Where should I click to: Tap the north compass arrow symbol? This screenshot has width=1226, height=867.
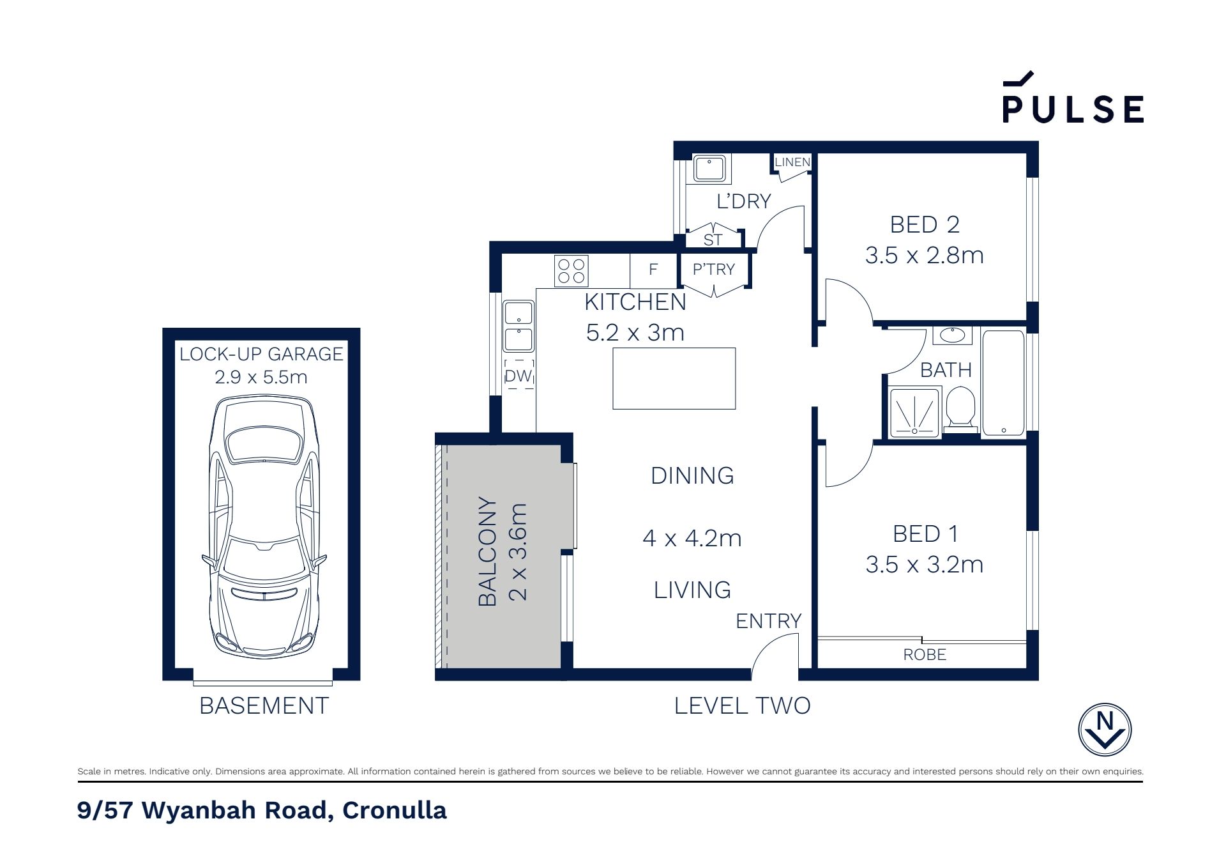(x=1105, y=730)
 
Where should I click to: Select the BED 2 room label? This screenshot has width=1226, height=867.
(x=925, y=224)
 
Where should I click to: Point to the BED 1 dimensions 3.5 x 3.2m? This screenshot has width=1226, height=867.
(x=924, y=564)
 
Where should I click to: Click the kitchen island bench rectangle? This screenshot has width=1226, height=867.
(x=674, y=378)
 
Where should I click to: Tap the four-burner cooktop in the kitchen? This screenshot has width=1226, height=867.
(x=571, y=270)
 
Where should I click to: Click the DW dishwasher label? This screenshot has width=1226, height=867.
(x=518, y=376)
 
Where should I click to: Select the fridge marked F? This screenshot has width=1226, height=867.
(x=653, y=270)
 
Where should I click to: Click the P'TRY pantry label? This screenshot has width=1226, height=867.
(x=714, y=270)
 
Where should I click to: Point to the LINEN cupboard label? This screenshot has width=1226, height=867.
(x=792, y=162)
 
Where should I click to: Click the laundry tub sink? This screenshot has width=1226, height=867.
(x=709, y=169)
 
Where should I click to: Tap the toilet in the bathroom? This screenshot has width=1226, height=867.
(x=960, y=408)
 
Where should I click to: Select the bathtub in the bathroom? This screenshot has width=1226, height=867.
(x=1003, y=383)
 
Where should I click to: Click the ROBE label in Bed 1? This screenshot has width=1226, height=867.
(x=925, y=655)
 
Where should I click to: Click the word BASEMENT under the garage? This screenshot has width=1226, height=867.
(x=264, y=706)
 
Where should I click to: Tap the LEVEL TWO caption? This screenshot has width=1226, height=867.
(x=743, y=705)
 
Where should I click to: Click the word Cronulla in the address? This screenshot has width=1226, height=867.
(x=394, y=810)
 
